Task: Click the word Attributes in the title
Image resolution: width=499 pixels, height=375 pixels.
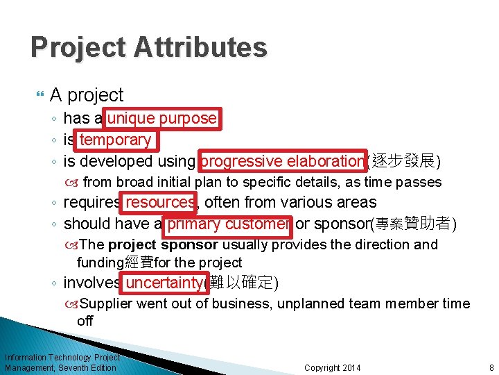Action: [202, 48]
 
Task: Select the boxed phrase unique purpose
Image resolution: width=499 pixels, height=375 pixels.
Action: [161, 119]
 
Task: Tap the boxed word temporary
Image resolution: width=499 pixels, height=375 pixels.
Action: [115, 140]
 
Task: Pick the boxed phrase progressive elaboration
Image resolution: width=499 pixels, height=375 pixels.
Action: [282, 161]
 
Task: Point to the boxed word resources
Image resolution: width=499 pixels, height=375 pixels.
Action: [159, 203]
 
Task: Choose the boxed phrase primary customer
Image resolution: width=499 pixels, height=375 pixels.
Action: [228, 224]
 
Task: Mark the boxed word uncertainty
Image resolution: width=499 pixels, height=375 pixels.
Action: [164, 283]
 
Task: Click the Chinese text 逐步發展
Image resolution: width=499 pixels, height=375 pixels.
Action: [405, 162]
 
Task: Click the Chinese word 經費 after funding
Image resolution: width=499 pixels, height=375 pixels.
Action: [139, 262]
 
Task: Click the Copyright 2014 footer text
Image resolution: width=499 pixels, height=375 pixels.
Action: [332, 367]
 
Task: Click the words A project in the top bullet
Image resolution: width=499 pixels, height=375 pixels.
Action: [87, 95]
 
